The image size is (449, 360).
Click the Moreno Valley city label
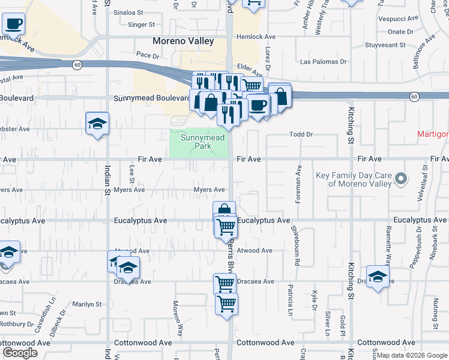[183, 41]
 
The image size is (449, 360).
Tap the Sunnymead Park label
[197, 142]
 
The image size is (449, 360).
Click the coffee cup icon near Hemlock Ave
[13, 24]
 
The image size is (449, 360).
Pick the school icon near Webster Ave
[97, 124]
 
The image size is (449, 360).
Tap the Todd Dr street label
[301, 134]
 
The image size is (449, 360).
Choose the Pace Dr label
[147, 55]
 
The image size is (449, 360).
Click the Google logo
[20, 353]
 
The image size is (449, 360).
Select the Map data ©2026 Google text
[412, 356]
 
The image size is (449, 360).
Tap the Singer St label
[142, 25]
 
